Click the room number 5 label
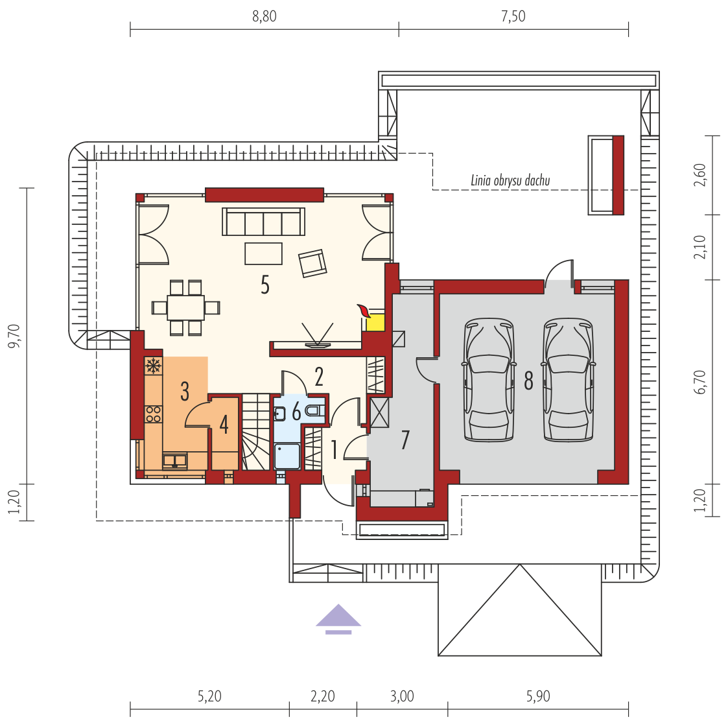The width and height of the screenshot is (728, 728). pos(265,285)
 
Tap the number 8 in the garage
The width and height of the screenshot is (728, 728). pos(528,381)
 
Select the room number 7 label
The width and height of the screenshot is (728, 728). pos(405,440)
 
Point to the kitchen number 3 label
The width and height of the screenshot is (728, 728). pos(185,392)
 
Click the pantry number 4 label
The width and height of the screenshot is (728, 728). pos(224,425)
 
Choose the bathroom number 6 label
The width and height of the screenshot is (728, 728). pos(296,412)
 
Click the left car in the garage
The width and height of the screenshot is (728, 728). pos(489,379)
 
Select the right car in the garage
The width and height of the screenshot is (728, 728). pos(569,379)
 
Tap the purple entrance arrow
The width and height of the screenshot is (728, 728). pos(338,619)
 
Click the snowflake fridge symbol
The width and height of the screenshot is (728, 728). pos(153,366)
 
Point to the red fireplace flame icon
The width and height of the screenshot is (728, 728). pos(362,310)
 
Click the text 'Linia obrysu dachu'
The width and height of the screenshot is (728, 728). pos(510,180)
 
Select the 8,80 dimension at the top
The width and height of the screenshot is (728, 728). pos(264,16)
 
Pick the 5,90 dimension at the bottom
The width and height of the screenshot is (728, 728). pos(538,696)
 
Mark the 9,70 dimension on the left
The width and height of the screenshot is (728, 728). pos(14,336)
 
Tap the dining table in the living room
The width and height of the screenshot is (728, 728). pos(185,307)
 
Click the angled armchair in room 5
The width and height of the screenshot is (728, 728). pos(312,263)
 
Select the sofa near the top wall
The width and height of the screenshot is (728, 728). pos(264,222)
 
